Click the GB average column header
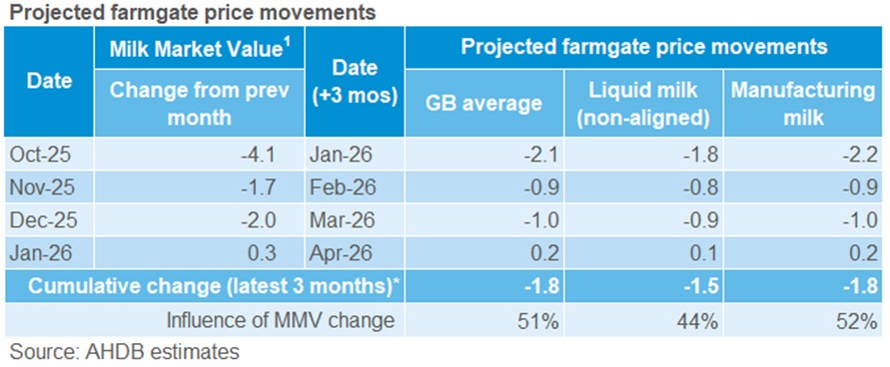(x=484, y=103)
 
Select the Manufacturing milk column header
(x=803, y=103)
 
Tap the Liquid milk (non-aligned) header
(x=649, y=103)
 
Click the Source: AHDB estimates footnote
(x=124, y=351)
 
